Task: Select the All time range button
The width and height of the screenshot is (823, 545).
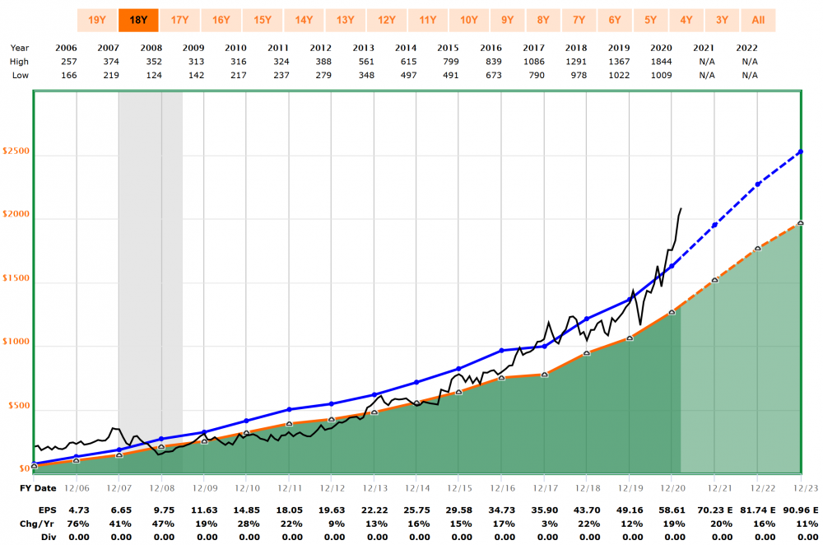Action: point(757,21)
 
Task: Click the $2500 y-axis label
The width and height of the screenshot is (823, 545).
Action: point(16,152)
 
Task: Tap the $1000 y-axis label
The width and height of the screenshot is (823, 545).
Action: point(16,343)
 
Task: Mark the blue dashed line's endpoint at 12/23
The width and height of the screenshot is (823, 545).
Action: point(800,151)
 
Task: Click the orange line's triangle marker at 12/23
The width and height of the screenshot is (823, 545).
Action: point(800,223)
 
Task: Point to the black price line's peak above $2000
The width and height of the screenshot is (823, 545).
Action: point(681,209)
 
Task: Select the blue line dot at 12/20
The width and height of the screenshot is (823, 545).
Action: point(672,266)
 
